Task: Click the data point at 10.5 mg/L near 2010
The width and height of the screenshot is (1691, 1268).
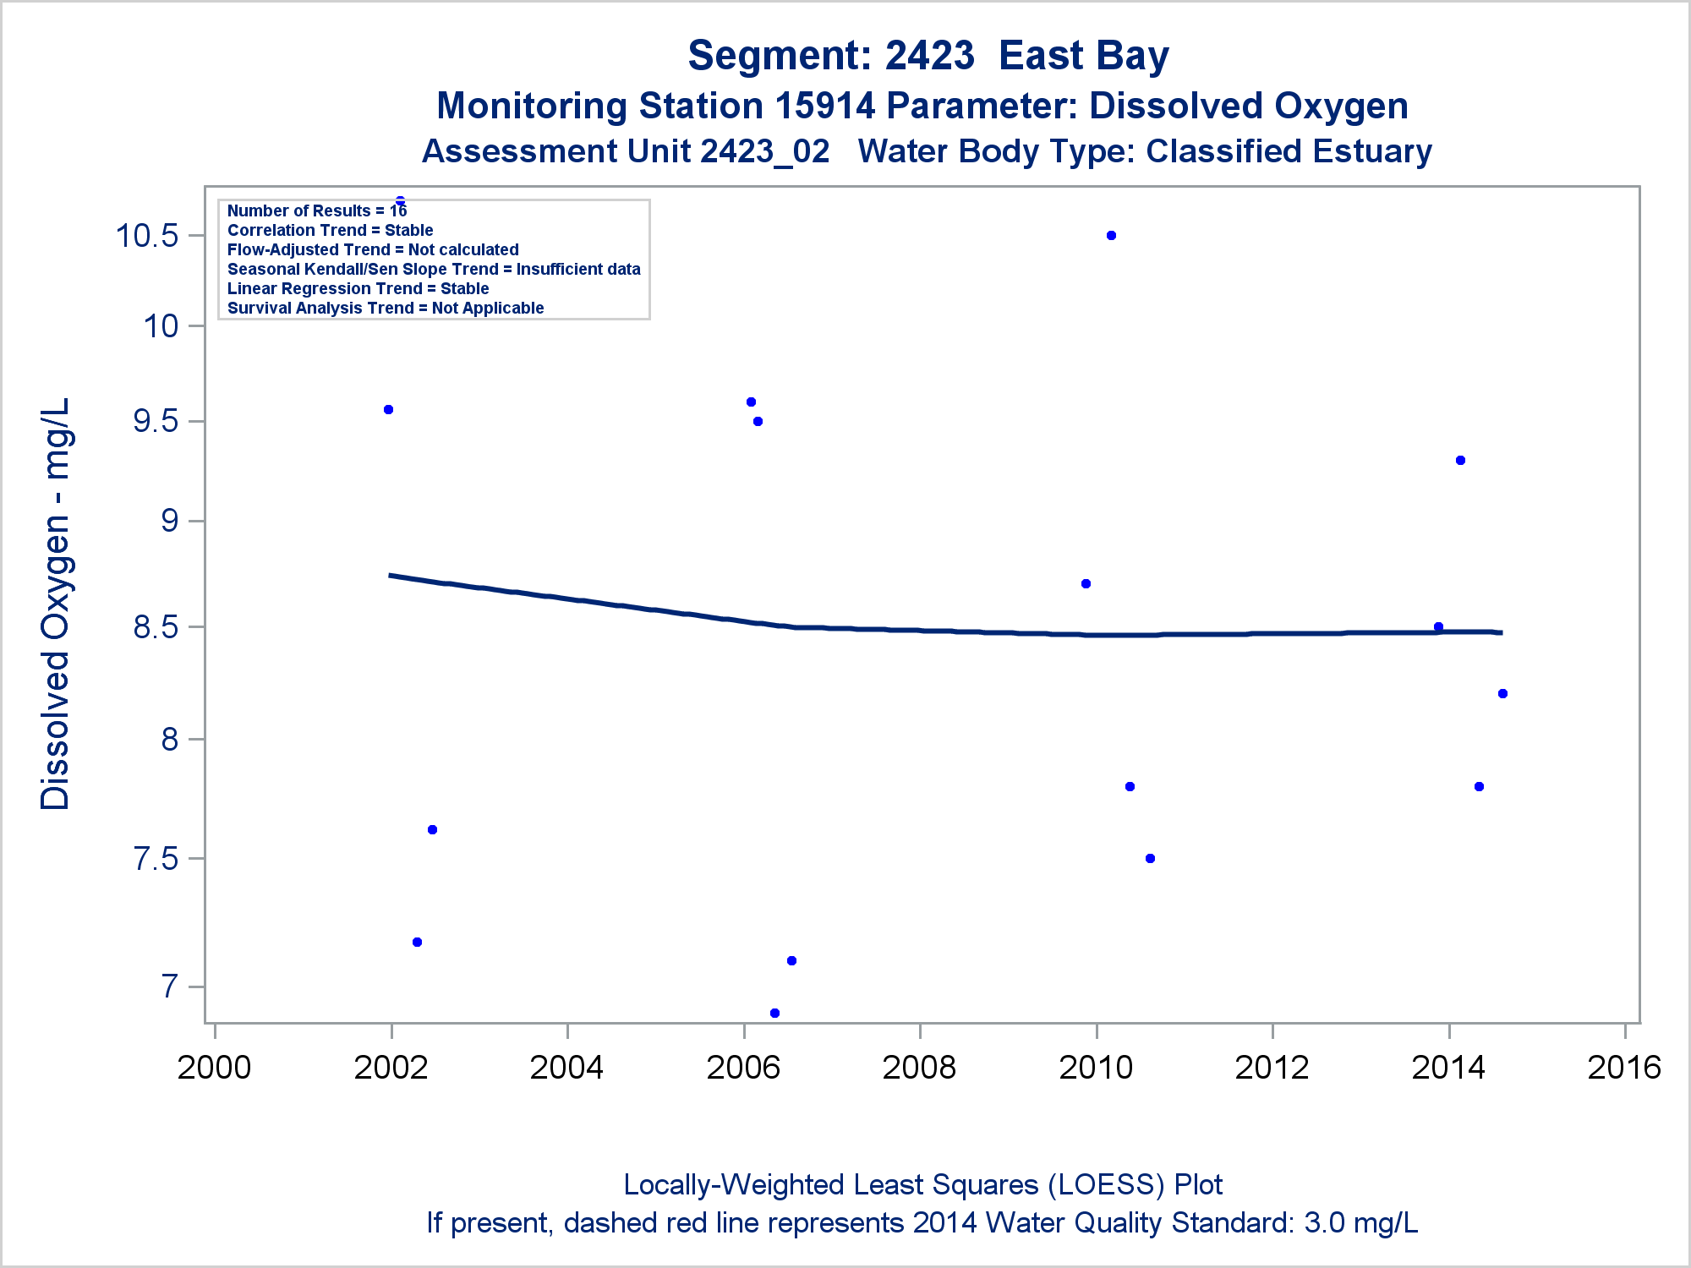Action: click(x=1111, y=236)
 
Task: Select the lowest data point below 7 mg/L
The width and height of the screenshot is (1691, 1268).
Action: click(x=774, y=1013)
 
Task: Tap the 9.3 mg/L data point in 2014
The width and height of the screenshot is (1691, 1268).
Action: click(x=1460, y=461)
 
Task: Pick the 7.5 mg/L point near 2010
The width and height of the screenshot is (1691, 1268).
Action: click(x=1150, y=859)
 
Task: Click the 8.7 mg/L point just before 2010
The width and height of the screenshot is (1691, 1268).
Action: click(x=1086, y=584)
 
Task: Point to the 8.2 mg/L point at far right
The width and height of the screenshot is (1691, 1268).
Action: click(x=1502, y=694)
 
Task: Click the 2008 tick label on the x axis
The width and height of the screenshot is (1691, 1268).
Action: click(x=919, y=1068)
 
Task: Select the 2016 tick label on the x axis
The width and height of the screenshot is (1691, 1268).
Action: click(x=1624, y=1068)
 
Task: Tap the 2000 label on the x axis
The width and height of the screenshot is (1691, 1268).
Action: click(x=214, y=1068)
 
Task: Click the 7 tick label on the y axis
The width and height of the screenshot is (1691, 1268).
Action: click(x=170, y=987)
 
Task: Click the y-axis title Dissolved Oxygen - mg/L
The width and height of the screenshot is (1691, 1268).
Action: click(x=56, y=604)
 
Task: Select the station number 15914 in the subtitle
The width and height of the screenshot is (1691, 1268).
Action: click(x=824, y=107)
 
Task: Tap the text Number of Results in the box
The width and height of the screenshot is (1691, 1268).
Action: click(x=298, y=210)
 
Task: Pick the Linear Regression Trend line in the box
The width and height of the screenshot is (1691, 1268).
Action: click(x=358, y=288)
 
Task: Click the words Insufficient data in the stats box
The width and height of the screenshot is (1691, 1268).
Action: click(x=578, y=269)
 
